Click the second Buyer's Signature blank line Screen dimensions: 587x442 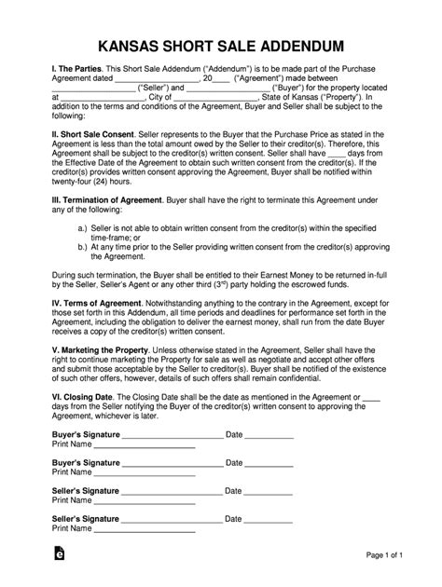click(173, 489)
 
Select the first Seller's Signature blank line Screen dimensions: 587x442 click(173, 517)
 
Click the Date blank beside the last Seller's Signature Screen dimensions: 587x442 click(270, 545)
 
